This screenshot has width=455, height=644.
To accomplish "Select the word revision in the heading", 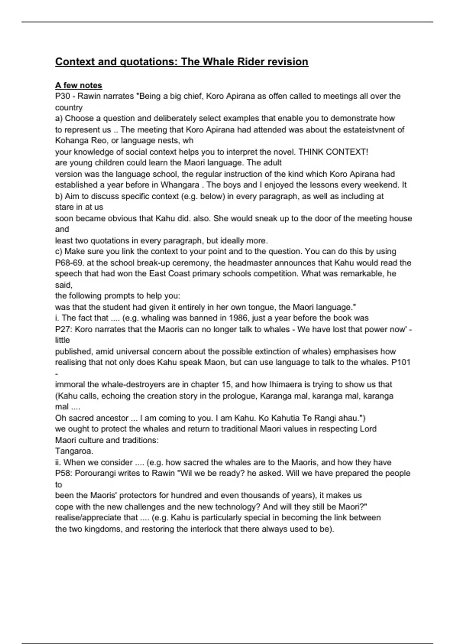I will point(288,62).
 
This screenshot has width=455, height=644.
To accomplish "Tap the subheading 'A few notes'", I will point(78,85).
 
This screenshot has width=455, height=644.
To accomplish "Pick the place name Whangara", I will point(180,185).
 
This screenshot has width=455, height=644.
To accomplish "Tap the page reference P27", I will point(63,329).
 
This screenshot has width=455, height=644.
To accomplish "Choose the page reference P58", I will point(63,474).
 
